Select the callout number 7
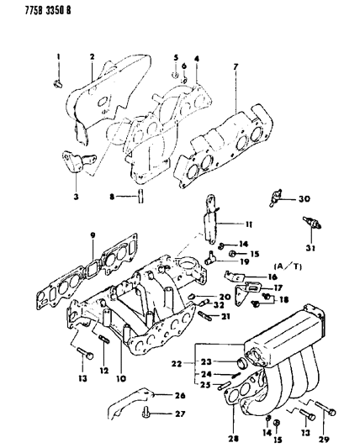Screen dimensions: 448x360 238,66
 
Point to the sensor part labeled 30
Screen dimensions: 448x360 274,198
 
